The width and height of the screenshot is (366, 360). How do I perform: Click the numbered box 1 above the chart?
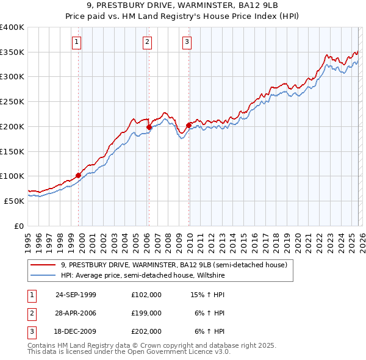pos(77,42)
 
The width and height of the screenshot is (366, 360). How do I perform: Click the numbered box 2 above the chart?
pos(148,42)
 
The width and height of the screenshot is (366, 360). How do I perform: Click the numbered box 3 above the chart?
pos(187,42)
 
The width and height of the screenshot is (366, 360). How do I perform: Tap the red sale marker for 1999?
pos(79,175)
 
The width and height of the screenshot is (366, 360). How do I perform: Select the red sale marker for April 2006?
pos(149,128)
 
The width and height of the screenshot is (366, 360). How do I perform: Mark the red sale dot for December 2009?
pos(188,126)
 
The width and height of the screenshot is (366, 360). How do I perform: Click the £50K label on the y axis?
pos(15,200)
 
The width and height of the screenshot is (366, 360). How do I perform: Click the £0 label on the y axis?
pos(20,225)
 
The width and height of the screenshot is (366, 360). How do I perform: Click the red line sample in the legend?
pos(43,265)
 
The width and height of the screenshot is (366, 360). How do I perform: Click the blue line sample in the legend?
pos(43,276)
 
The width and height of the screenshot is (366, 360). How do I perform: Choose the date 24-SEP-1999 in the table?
pos(76,294)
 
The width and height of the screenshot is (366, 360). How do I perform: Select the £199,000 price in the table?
pos(146,313)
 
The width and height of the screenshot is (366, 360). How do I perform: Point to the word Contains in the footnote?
pos(41,345)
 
